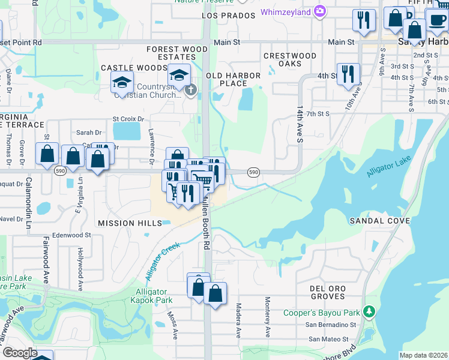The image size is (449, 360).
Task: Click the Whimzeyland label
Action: (x=287, y=12)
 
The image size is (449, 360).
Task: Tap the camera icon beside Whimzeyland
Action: (x=320, y=11)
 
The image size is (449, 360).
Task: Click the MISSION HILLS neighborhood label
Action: (x=130, y=223)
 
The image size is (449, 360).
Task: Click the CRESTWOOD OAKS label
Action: (x=290, y=60)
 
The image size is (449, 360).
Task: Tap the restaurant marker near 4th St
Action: (x=348, y=74)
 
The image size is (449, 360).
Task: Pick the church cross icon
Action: (x=190, y=91)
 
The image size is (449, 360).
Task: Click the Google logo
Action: (x=20, y=353)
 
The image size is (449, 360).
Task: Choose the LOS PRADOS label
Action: (x=225, y=15)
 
